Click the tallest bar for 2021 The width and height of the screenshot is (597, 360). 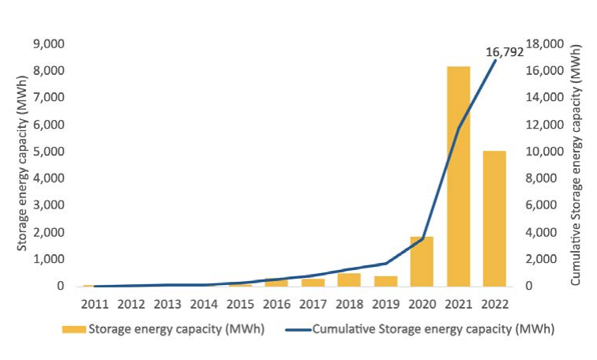coord(459,176)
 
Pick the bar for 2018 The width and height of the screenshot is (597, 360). coord(349,279)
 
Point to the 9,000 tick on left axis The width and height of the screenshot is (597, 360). coord(49,43)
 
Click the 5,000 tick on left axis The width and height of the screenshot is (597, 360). coord(49,152)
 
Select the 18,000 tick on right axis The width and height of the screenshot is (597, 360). coord(544,43)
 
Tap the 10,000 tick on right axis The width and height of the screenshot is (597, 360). coord(544,152)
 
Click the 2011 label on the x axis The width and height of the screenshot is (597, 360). coord(94,302)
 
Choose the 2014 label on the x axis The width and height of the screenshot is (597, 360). coord(204,302)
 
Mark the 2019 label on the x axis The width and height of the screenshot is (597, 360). coord(385,302)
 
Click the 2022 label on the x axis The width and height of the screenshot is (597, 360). coord(494,302)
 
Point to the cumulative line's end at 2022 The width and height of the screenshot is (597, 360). coord(495,60)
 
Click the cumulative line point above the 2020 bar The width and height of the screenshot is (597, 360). coord(422,238)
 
